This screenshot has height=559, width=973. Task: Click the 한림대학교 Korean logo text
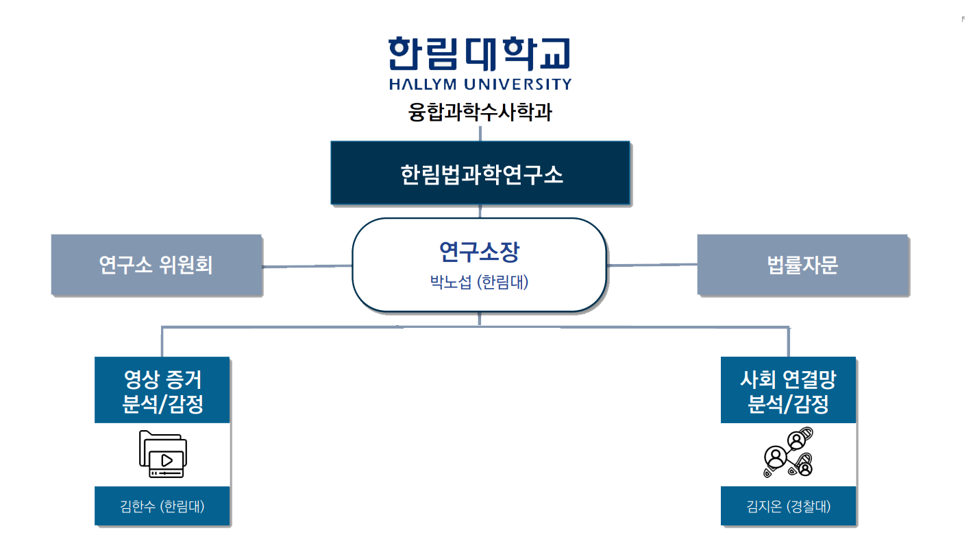pos(479,53)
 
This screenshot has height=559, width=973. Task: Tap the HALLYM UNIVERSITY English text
pos(479,84)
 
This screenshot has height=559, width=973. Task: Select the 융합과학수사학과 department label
pos(480,112)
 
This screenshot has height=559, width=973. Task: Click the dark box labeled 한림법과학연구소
pos(480,174)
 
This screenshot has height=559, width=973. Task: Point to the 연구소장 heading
pos(479,252)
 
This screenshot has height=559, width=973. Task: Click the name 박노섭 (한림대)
pos(479,281)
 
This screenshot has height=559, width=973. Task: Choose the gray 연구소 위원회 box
pos(156,265)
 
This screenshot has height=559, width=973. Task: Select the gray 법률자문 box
pos(802,265)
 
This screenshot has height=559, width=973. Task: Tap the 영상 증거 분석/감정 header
pos(162,390)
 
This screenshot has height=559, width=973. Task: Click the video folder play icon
pos(162,454)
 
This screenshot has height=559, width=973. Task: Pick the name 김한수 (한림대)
pos(162,507)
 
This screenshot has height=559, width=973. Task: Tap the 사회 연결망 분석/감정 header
pos(788,390)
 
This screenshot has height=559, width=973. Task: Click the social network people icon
pos(788,454)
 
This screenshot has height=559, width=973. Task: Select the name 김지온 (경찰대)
pos(788,507)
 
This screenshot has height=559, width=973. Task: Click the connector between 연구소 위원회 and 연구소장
pos(307,265)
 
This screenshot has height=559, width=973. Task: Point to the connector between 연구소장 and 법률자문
pos(652,265)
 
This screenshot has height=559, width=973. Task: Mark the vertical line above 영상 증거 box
pos(162,342)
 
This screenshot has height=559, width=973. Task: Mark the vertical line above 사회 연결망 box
pos(788,342)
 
